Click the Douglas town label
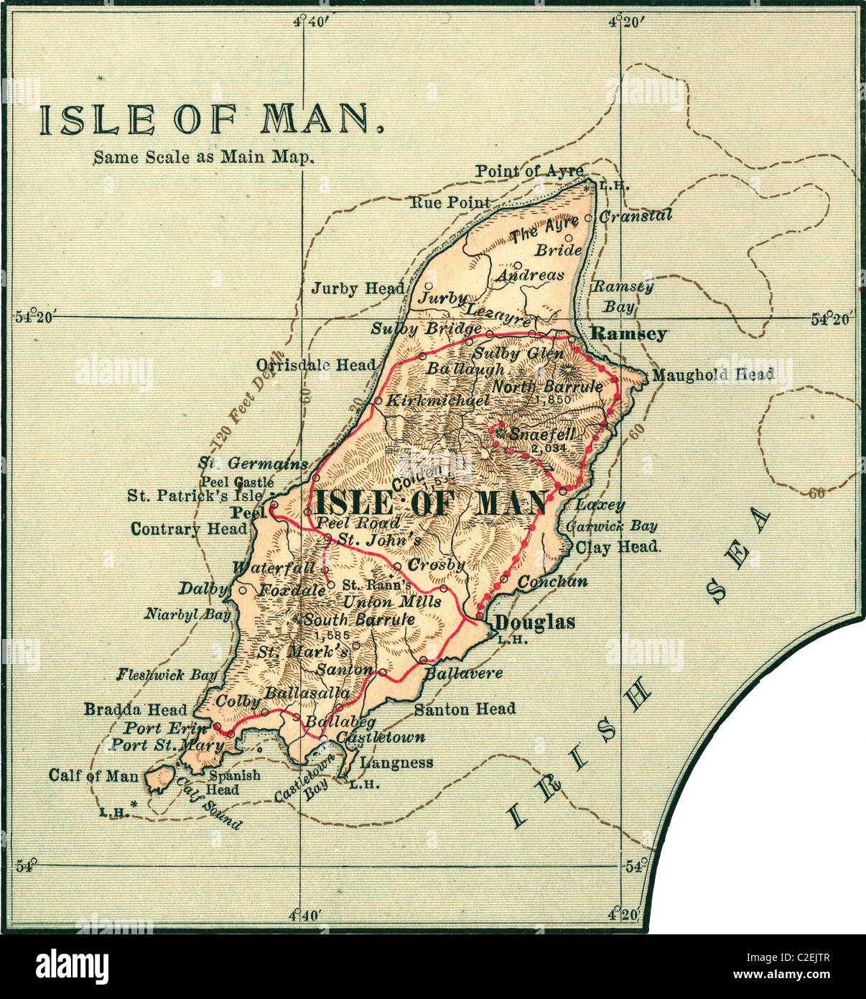pos(536,622)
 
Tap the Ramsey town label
pos(628,334)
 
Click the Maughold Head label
pos(712,374)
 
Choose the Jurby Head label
pos(358,289)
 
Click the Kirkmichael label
pos(438,400)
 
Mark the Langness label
pos(396,763)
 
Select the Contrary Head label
pos(188,530)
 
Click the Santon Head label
pos(465,709)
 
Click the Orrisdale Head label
pos(316,364)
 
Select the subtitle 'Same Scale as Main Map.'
pos(204,157)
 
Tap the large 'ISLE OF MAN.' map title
pos(210,120)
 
